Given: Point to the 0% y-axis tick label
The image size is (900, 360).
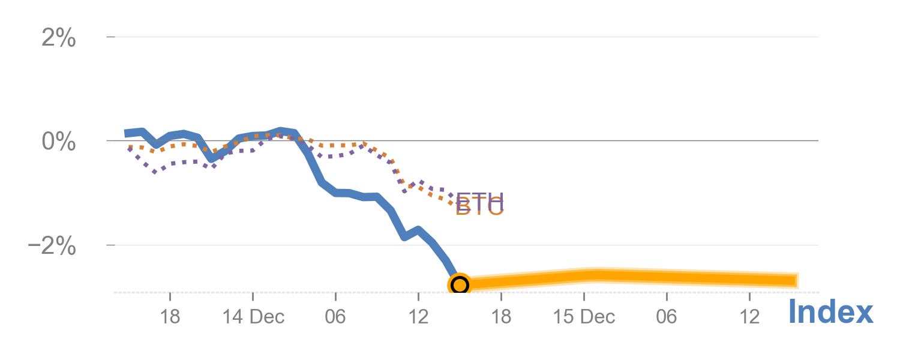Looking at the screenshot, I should click(x=58, y=143).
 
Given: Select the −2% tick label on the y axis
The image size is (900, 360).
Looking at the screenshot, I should click(x=52, y=247).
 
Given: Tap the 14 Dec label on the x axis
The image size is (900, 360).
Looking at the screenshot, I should click(x=253, y=316).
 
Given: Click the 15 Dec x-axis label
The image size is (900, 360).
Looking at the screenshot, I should click(x=584, y=316).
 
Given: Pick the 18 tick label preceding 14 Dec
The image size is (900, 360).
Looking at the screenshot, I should click(x=170, y=316).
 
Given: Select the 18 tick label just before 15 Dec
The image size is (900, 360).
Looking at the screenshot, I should click(x=501, y=316).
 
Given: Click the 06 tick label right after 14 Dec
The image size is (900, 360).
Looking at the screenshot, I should click(x=335, y=316).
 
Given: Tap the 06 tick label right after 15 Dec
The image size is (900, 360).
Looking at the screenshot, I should click(x=666, y=316).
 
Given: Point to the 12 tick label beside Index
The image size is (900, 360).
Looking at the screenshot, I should click(x=749, y=316).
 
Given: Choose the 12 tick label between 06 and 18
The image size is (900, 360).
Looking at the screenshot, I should click(x=418, y=316).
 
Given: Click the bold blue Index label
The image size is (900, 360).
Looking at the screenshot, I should click(x=830, y=312).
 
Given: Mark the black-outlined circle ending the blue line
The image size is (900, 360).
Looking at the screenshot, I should click(x=459, y=284).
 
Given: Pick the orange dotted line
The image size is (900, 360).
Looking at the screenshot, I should click(x=336, y=145).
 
